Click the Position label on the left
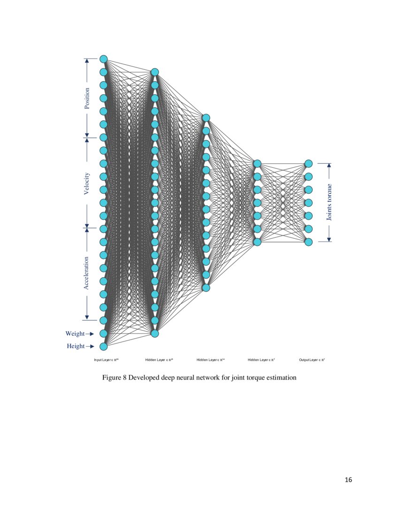(x=87, y=99)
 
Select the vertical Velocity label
(x=87, y=183)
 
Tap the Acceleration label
(x=87, y=273)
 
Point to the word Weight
(x=75, y=334)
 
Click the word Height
(x=76, y=346)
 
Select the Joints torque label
(x=330, y=202)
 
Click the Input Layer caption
(x=106, y=360)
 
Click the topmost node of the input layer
(x=103, y=59)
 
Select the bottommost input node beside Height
(x=103, y=347)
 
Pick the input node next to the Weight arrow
(x=103, y=334)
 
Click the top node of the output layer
(x=308, y=164)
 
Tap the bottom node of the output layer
(x=308, y=242)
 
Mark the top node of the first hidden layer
(x=154, y=72)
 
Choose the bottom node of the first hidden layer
(x=154, y=334)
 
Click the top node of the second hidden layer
(x=206, y=118)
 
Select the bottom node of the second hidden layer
(x=206, y=288)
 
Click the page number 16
(x=348, y=479)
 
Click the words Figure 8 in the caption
(x=115, y=378)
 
